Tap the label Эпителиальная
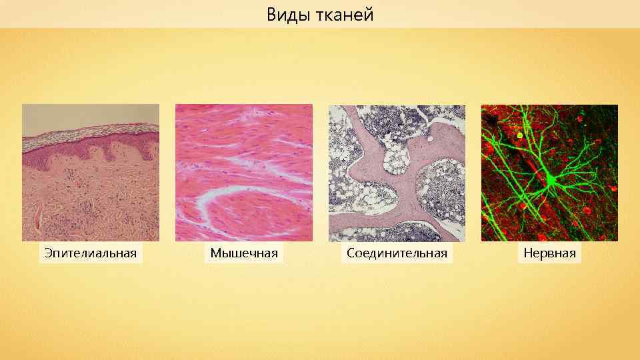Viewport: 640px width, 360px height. point(91,253)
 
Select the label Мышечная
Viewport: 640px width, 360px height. point(244,253)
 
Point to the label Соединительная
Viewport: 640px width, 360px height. point(397,253)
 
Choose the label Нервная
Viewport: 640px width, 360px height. point(549,253)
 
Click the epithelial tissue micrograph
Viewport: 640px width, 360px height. point(91,173)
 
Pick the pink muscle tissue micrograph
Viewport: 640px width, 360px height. point(244,173)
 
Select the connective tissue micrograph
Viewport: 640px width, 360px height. point(397,173)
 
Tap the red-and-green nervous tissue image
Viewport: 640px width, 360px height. point(549,173)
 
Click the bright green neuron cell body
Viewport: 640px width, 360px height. point(551,179)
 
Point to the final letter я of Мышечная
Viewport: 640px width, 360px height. point(274,253)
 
